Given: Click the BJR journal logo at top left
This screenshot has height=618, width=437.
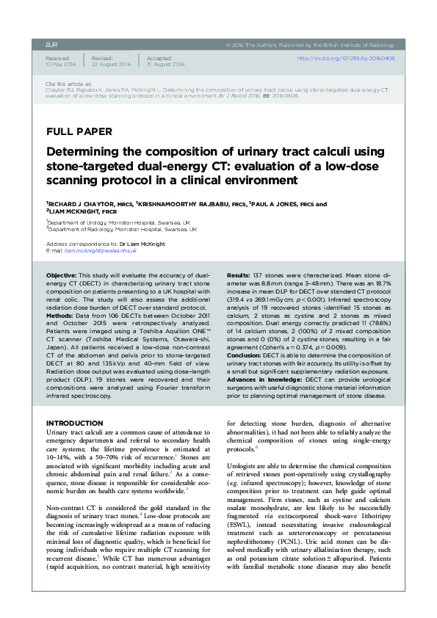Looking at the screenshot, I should pyautogui.click(x=51, y=44).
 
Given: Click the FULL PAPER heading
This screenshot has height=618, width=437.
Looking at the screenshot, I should pyautogui.click(x=79, y=132).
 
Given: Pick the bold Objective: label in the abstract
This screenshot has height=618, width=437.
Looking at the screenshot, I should pyautogui.click(x=62, y=274).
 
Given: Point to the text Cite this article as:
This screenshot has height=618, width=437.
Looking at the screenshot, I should pyautogui.click(x=68, y=84).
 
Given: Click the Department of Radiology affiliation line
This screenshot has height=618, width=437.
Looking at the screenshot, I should pyautogui.click(x=119, y=229).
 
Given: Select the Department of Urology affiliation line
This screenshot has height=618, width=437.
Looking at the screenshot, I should pyautogui.click(x=118, y=222).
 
